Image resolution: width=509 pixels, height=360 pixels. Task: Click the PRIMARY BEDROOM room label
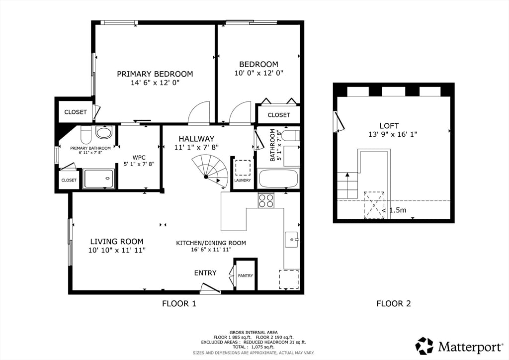coord(155,74)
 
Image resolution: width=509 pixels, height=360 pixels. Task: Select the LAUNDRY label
coord(243,180)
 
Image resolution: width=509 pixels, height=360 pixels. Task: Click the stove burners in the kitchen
coord(266,200)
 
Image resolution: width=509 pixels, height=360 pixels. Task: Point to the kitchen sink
coord(291,240)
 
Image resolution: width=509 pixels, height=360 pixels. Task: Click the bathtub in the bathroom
coord(278,178)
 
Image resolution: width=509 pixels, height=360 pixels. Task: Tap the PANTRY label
coord(245,275)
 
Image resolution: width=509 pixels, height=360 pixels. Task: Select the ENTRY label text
coord(205,272)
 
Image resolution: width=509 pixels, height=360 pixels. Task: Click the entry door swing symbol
coord(209,288)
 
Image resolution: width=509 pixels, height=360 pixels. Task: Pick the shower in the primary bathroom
coord(98,179)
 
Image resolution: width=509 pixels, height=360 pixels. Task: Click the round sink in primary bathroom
coord(103,133)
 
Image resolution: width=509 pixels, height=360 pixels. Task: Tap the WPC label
coord(139,157)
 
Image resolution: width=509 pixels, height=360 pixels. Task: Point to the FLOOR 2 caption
coord(393,303)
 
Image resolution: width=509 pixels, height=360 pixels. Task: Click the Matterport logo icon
coord(424,346)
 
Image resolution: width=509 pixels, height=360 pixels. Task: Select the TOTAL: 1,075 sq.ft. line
coord(254,347)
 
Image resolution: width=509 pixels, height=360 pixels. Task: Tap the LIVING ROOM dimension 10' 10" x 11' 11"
coord(117,250)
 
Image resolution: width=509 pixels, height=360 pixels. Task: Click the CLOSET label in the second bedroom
coord(278,115)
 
